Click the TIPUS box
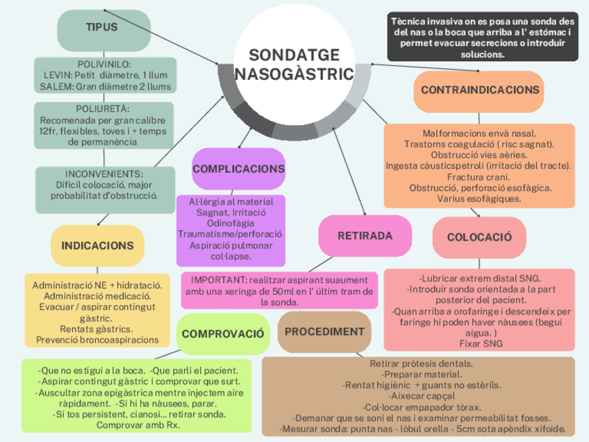coord(103,28)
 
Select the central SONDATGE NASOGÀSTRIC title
coord(294,64)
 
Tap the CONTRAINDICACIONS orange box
coord(480,90)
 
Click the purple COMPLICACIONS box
coord(238,169)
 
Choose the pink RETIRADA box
coord(365,236)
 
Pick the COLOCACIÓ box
coord(479,237)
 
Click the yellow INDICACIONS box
coord(97,245)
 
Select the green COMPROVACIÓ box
coord(223,334)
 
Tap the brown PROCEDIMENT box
coord(324,331)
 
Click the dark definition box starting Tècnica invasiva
coord(482,38)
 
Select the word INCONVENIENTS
coord(104,173)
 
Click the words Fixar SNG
coord(479,343)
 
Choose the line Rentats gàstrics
coord(97,329)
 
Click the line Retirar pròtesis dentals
coord(422,363)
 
